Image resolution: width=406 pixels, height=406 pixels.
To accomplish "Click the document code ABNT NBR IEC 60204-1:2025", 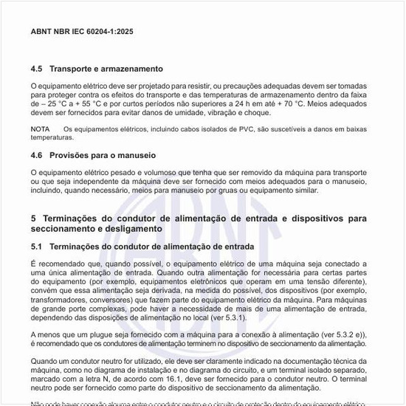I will click(x=82, y=33).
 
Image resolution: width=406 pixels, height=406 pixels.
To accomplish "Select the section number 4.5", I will click(x=37, y=68).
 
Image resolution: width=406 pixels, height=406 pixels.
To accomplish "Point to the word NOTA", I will click(x=40, y=129).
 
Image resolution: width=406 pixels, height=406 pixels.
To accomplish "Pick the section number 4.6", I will click(x=37, y=156).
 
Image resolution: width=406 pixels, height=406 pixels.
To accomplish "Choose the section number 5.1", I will click(x=37, y=246).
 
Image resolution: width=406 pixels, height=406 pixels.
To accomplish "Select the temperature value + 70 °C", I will click(x=286, y=104).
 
